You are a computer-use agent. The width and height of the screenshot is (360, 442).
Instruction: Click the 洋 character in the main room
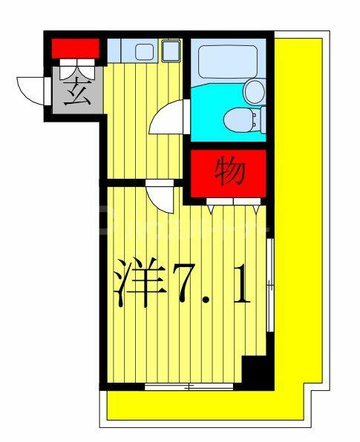coord(140,282)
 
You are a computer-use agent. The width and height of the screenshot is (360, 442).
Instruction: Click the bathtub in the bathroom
coord(228,61)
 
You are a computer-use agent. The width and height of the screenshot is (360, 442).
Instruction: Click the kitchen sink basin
coord(144,52)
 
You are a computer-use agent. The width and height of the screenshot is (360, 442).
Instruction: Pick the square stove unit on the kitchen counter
coord(171,50)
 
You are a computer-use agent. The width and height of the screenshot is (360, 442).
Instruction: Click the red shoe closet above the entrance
coord(75,48)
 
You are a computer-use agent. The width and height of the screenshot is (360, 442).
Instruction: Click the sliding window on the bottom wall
coord(189,386)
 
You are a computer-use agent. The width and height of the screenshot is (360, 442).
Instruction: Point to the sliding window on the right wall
coord(270,285)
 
